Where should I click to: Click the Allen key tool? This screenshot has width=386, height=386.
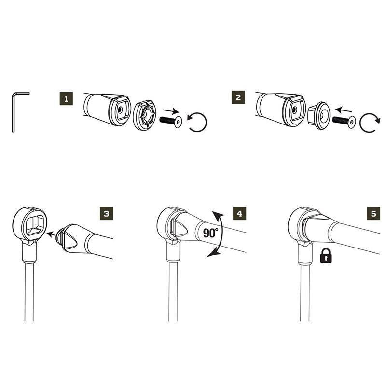(x=14, y=112)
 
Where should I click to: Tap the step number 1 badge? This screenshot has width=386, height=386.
(x=66, y=99)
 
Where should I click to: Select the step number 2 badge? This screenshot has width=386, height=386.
(x=238, y=97)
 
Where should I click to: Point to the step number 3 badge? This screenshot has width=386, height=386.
(x=106, y=213)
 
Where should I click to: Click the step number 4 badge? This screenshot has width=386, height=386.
(x=239, y=213)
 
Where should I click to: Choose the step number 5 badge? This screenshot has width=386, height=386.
(x=373, y=213)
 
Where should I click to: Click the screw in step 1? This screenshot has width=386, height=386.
(x=171, y=121)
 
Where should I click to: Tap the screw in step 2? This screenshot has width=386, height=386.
(x=344, y=121)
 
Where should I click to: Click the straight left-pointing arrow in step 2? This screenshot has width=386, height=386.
(x=344, y=109)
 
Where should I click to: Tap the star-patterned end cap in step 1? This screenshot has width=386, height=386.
(x=144, y=115)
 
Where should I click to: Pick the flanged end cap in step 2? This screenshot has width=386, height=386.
(x=318, y=115)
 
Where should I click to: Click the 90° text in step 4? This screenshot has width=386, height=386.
(x=211, y=233)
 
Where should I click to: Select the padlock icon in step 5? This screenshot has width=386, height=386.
(x=326, y=256)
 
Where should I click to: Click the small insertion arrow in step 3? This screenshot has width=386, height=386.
(x=51, y=234)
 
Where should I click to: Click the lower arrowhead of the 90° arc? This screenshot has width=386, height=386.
(x=213, y=253)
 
